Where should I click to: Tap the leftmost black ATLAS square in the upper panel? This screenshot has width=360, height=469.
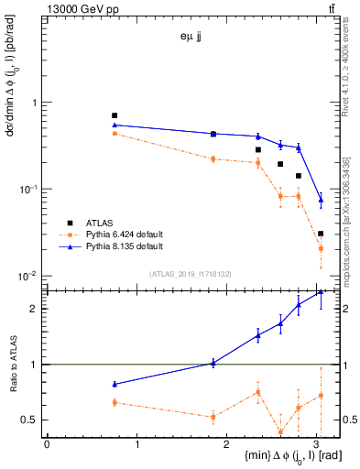(115, 115)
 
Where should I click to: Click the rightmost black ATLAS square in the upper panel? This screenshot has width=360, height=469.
(321, 234)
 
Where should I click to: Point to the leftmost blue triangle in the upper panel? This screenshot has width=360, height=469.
(115, 125)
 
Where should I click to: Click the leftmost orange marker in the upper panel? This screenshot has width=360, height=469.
(115, 133)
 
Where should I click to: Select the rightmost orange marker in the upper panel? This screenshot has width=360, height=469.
(321, 247)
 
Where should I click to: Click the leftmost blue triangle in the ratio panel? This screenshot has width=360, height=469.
(115, 384)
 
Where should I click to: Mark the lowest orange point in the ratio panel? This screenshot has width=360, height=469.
(280, 432)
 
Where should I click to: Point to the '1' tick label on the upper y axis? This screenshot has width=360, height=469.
(36, 103)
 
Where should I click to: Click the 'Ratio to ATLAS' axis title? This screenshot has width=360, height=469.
(12, 364)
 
